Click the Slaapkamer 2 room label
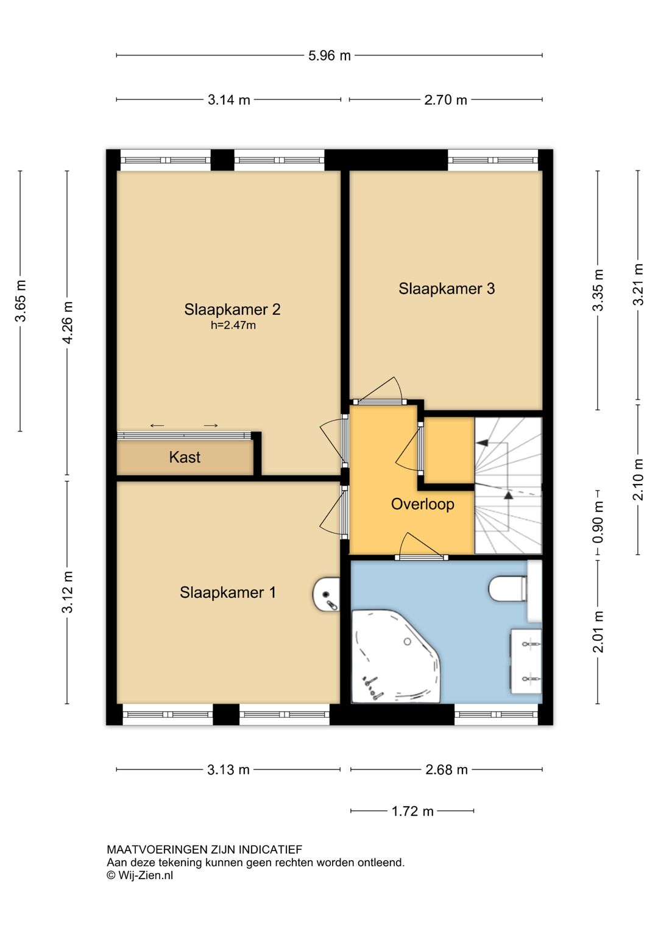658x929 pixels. point(232,309)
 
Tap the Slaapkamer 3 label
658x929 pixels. point(447,289)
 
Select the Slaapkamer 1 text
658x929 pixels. point(227,593)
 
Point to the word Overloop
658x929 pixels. point(423,504)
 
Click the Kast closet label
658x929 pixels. point(185,457)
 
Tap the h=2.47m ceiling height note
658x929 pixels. point(233,326)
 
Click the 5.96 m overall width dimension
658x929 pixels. point(329,55)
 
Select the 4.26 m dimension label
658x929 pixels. point(68,322)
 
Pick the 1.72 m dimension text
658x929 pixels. point(412,812)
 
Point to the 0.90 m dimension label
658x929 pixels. point(598,522)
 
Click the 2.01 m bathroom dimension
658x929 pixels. point(598,632)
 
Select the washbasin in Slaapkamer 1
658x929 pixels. point(327,595)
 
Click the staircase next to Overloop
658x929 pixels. point(508,485)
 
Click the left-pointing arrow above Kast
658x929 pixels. point(157,426)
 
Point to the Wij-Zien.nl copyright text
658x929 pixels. point(140,875)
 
